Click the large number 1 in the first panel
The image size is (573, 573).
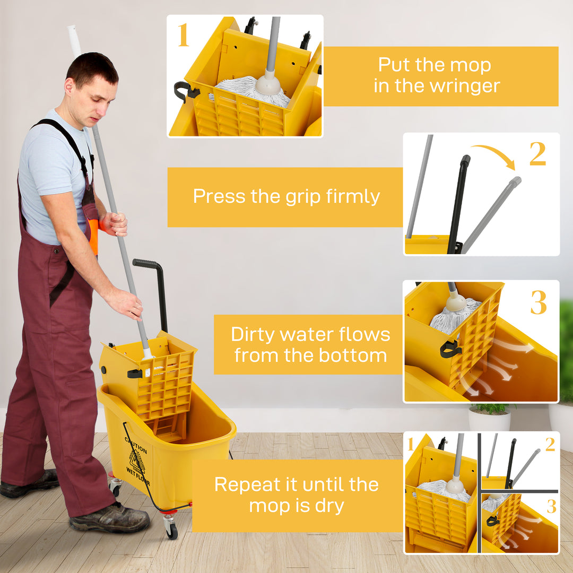click(x=183, y=35)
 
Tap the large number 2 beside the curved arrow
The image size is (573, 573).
click(x=537, y=154)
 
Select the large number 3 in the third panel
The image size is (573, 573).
click(x=538, y=303)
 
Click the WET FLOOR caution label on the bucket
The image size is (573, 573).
click(x=137, y=457)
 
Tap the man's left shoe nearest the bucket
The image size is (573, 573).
click(x=109, y=518)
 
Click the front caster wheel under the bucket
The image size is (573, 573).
click(x=171, y=528)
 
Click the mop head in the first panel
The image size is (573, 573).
click(x=249, y=89)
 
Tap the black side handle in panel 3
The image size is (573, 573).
click(x=450, y=349)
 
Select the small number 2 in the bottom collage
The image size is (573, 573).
click(x=550, y=445)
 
